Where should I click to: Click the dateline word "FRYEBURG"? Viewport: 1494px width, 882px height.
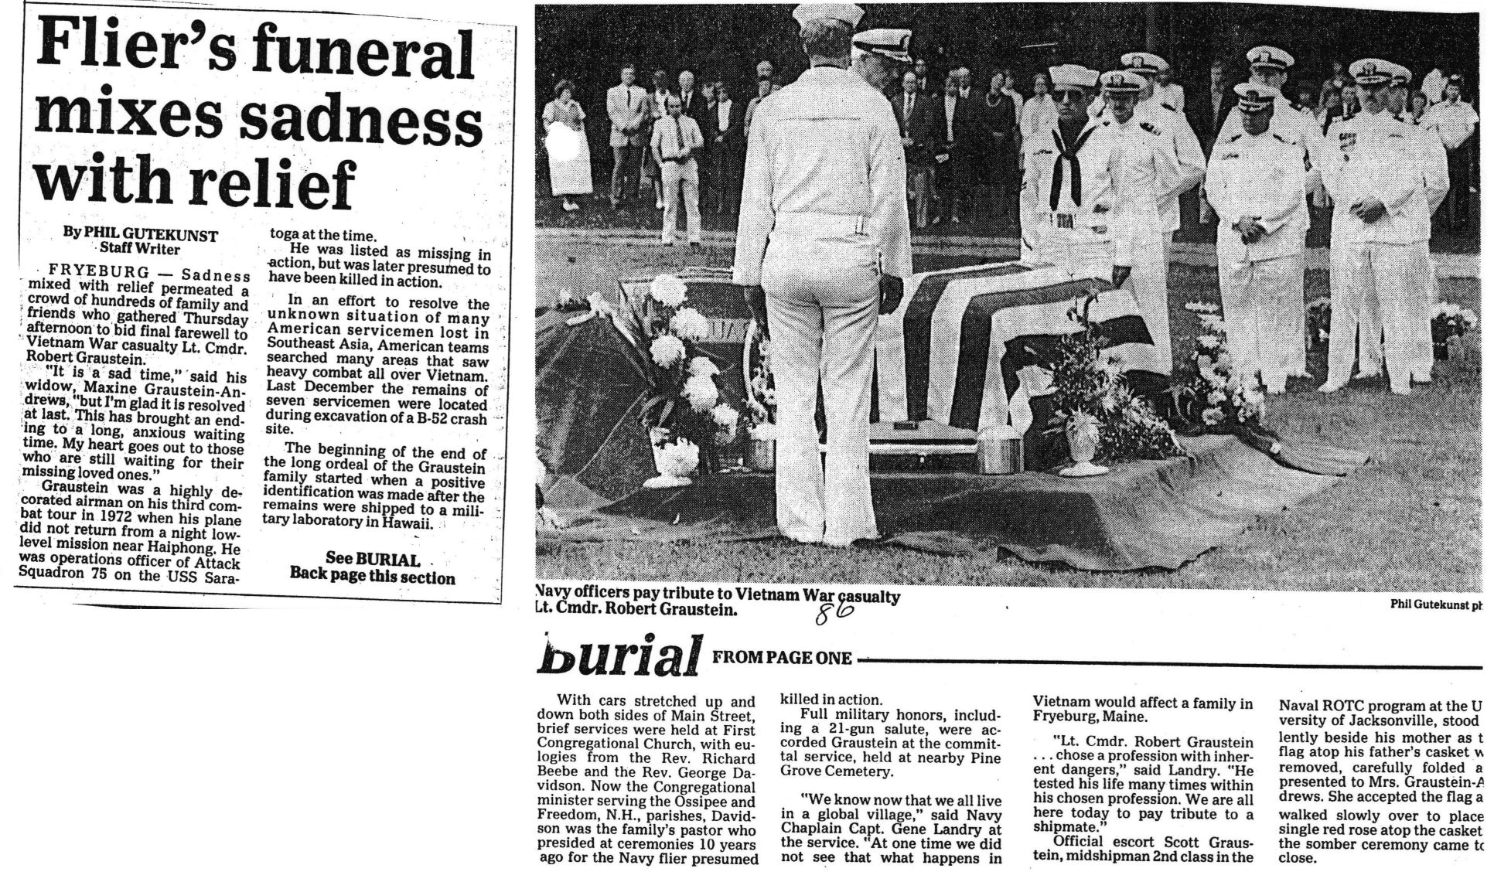(97, 274)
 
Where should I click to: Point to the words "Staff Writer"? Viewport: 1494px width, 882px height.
(139, 249)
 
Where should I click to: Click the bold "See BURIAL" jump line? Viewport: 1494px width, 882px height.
(372, 559)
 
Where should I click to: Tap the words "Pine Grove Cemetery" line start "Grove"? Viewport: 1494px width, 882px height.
(804, 771)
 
